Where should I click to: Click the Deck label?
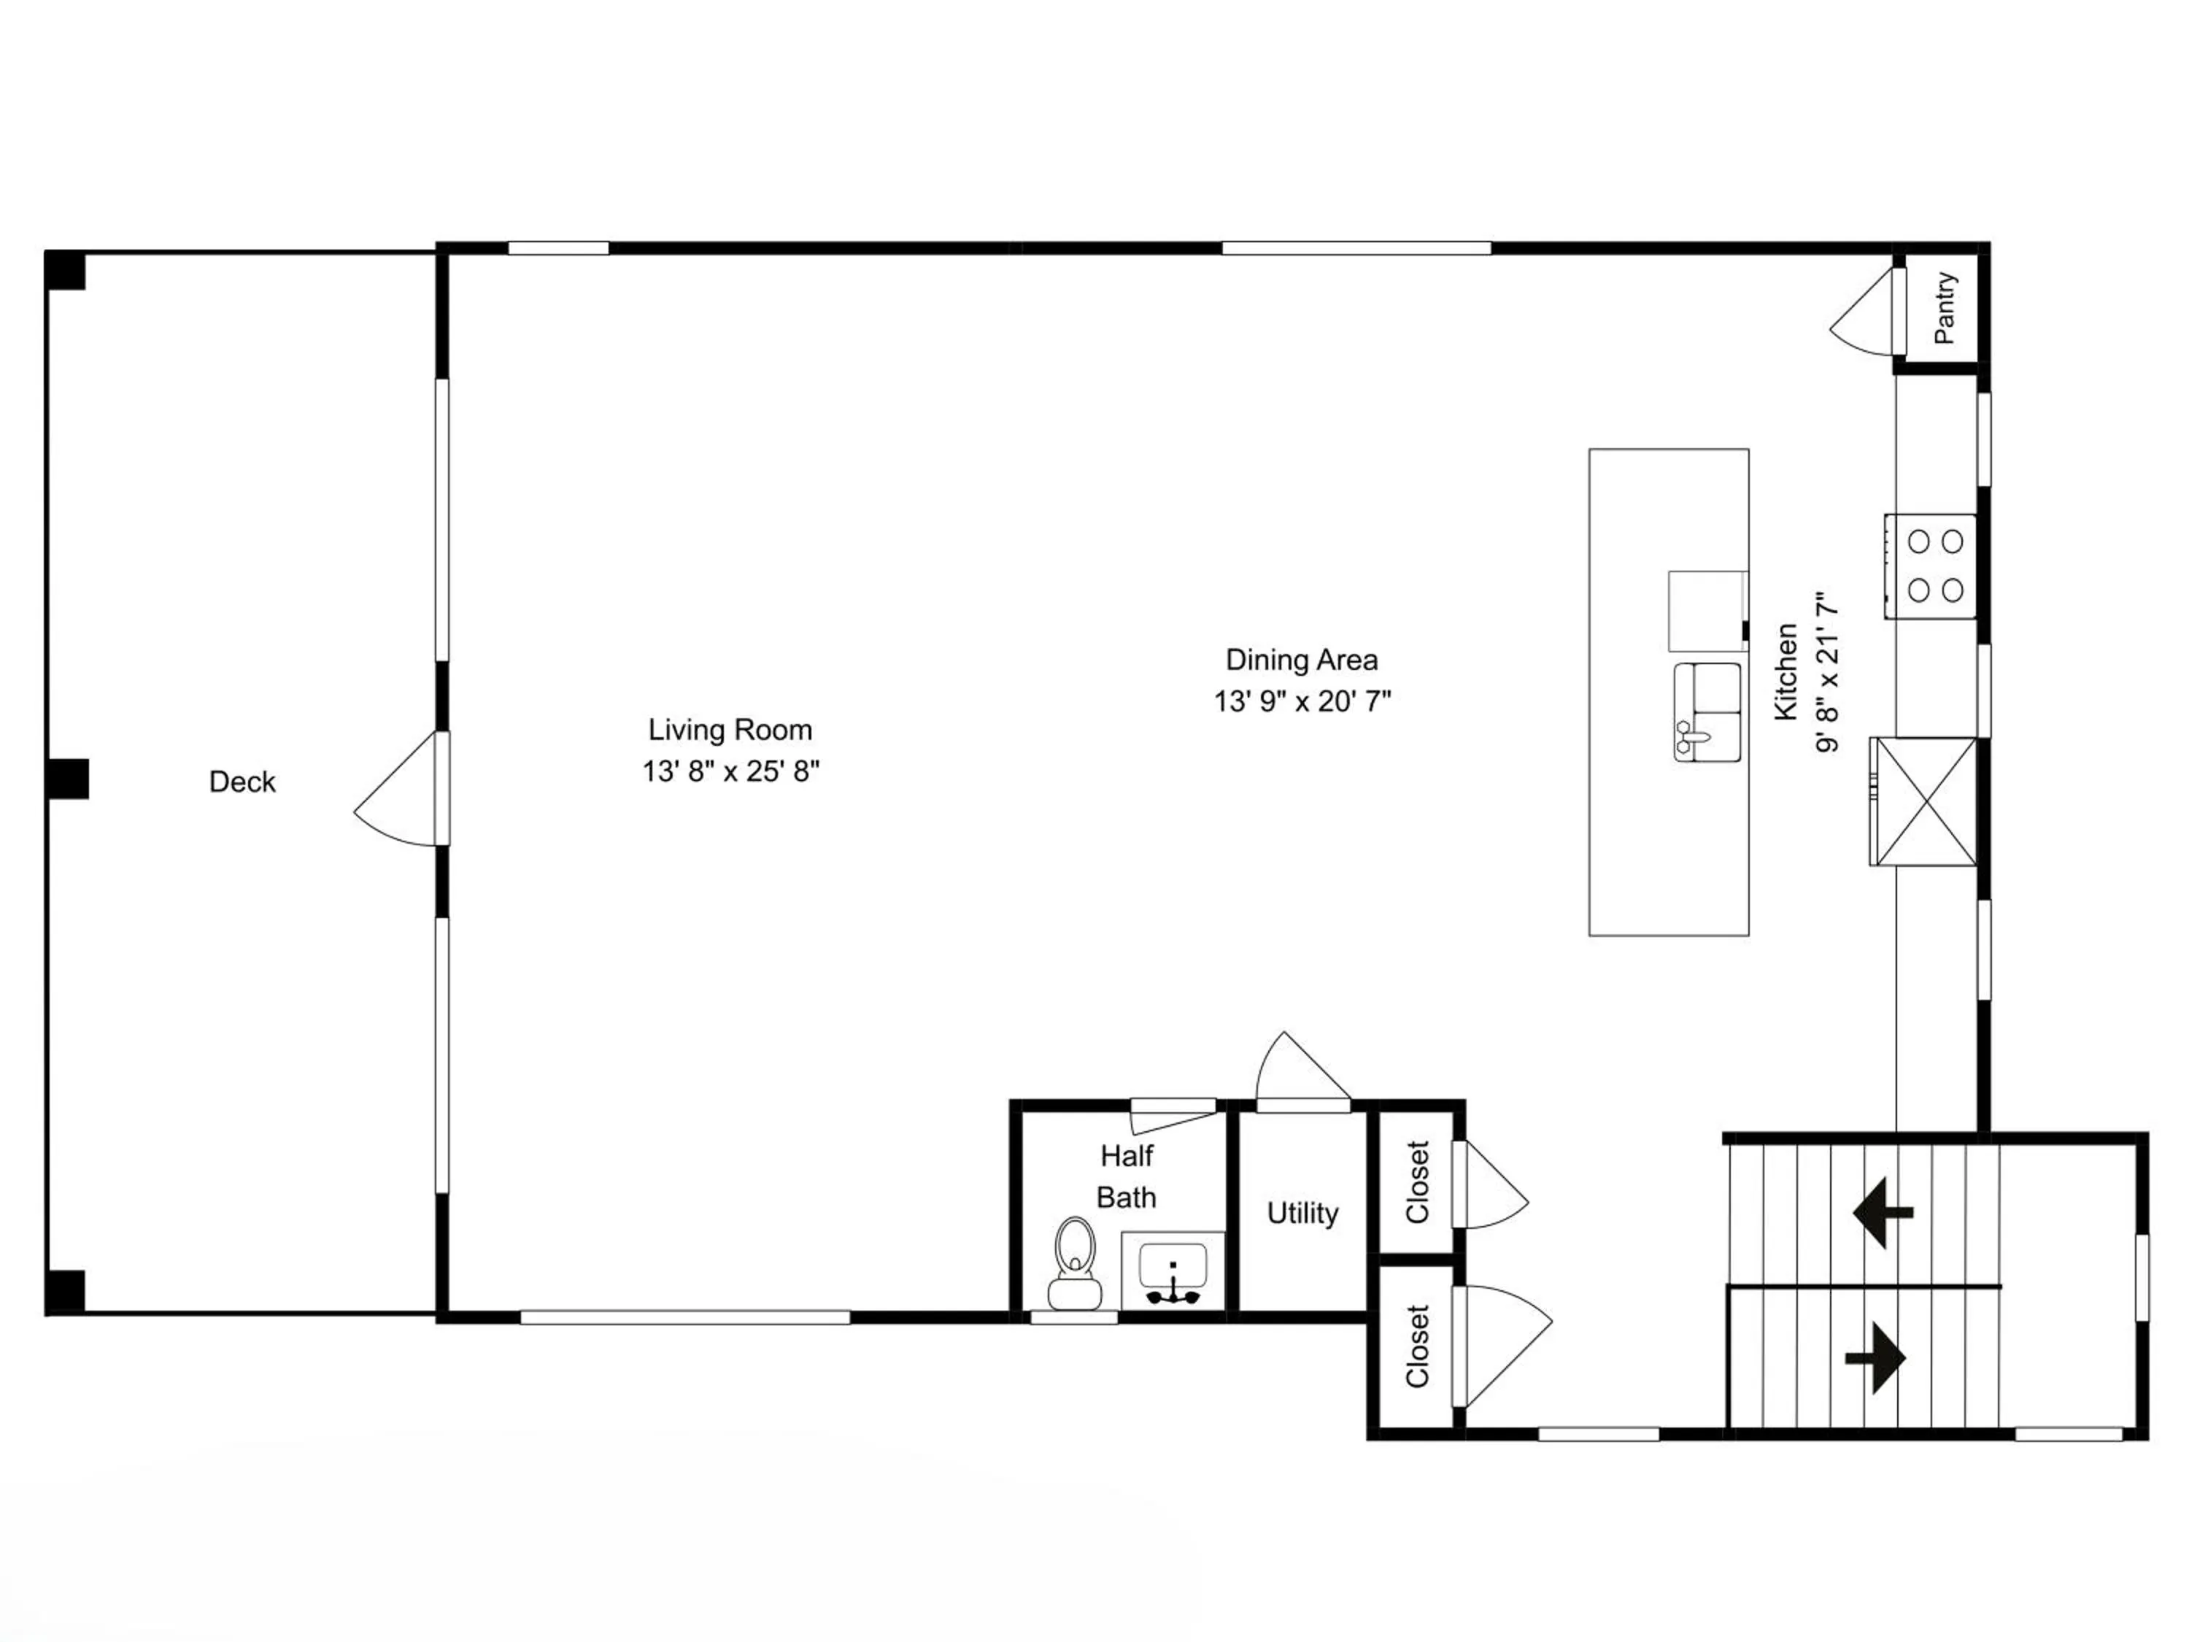[242, 782]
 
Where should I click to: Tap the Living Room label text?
[730, 730]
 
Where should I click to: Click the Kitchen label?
[1785, 672]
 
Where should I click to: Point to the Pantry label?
[1945, 308]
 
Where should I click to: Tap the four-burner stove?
[1930, 566]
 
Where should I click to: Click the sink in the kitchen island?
[1708, 712]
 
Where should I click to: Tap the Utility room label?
[1302, 1214]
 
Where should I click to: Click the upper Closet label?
[1417, 1183]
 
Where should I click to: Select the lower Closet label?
[1417, 1346]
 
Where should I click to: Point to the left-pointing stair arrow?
[1883, 1212]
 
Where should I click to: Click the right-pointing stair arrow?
[1875, 1358]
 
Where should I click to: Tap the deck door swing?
[395, 789]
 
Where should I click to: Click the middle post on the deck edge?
[67, 779]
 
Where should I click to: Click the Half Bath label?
[1126, 1177]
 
